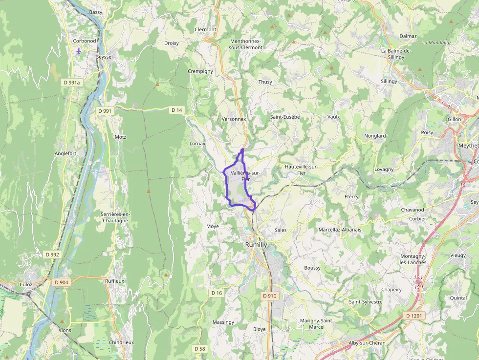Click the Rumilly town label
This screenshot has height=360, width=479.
tap(256, 244)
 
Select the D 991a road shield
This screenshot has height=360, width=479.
tap(71, 83)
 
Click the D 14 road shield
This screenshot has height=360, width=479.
tap(177, 110)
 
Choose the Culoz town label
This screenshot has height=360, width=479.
tap(26, 284)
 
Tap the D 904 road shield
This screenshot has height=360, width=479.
tap(62, 282)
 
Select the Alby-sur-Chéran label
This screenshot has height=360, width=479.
tap(367, 343)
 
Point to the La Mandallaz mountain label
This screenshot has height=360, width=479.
tap(437, 42)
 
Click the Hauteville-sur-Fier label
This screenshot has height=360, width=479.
tap(302, 169)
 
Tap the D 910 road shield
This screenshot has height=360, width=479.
tap(269, 296)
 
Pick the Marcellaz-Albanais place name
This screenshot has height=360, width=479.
tap(340, 230)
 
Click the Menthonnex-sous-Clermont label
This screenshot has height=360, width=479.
tap(246, 44)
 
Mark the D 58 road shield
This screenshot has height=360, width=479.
tap(199, 349)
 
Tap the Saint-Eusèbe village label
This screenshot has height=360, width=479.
tap(285, 117)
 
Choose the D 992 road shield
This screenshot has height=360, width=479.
tap(52, 254)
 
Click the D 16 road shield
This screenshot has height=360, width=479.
tap(217, 293)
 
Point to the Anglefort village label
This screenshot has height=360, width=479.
tap(65, 153)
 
